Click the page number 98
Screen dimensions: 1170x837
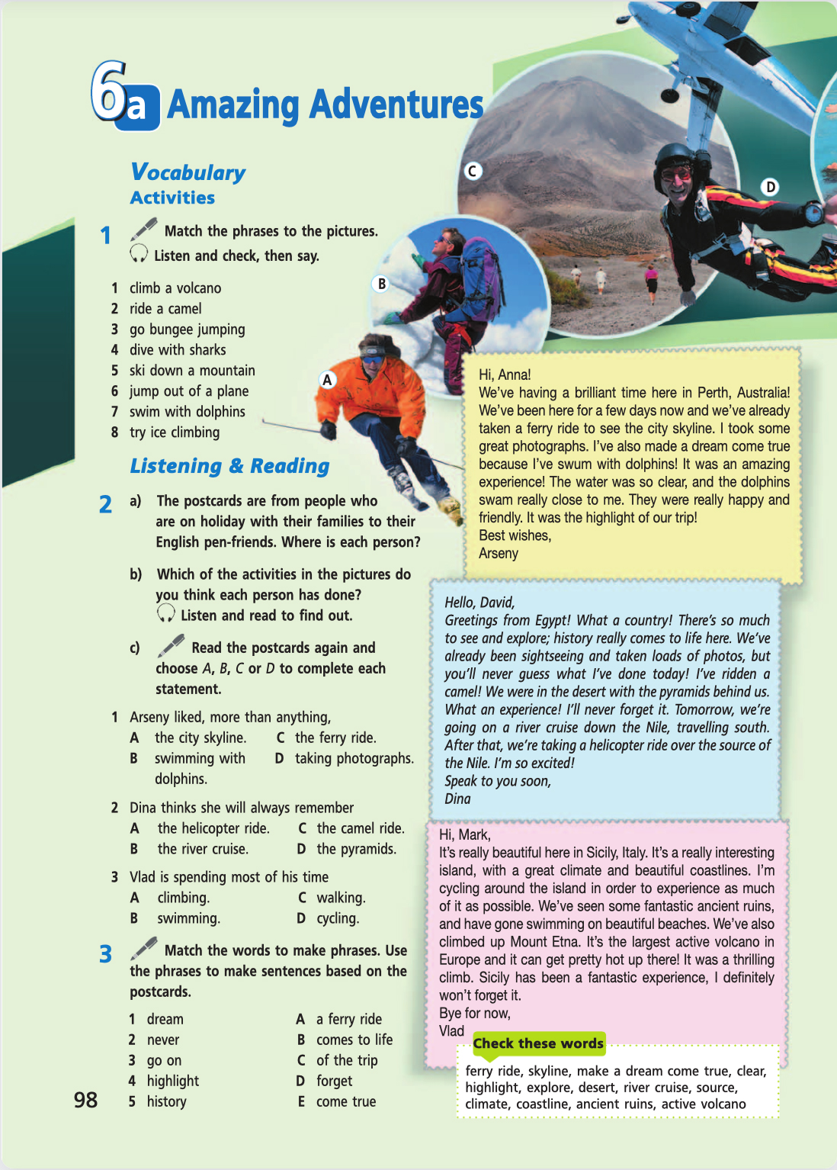(85, 1099)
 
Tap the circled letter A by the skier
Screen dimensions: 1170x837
(327, 379)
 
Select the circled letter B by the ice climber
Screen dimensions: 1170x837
(381, 284)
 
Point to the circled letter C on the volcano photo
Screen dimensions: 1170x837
(473, 171)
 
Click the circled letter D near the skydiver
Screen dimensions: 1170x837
(771, 187)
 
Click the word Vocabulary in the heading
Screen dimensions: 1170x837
(188, 172)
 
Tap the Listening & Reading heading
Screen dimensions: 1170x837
(229, 465)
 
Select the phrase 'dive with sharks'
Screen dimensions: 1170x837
(178, 350)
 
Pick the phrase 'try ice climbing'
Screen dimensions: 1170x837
(175, 432)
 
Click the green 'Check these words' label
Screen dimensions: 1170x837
(538, 1043)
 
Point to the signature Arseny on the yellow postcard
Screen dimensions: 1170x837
(499, 554)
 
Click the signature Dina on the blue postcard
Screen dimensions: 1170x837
(457, 799)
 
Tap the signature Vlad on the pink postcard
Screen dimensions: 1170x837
(451, 1031)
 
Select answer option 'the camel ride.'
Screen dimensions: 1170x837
(361, 828)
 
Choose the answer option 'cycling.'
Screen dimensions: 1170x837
(338, 918)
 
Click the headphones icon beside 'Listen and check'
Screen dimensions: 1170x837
(139, 254)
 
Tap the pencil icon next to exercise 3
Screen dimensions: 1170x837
(144, 948)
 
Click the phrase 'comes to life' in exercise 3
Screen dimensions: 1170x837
(354, 1040)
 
